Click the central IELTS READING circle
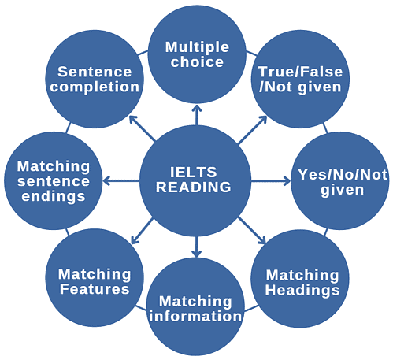[x=194, y=180]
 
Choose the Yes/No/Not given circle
[x=341, y=180]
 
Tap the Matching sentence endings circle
[x=53, y=180]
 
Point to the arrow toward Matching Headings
[x=254, y=233]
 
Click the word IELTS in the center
[x=194, y=172]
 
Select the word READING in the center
[x=194, y=187]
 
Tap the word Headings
[x=302, y=289]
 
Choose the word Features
[x=95, y=289]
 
